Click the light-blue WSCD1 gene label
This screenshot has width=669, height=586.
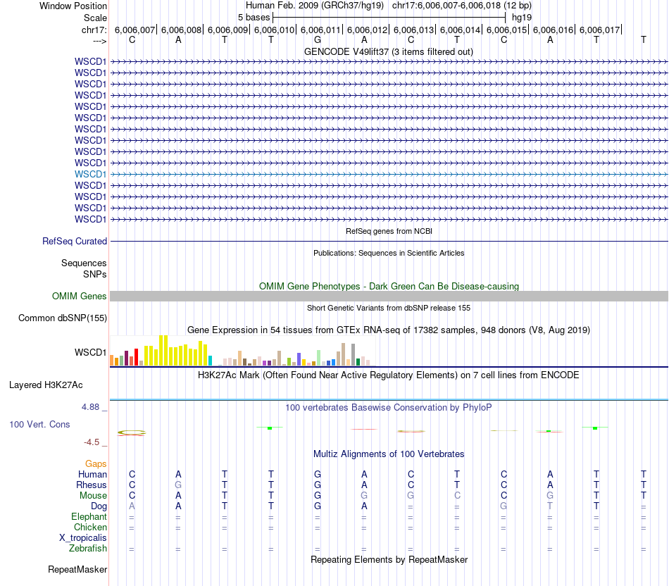click(91, 174)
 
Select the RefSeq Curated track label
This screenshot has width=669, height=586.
click(75, 241)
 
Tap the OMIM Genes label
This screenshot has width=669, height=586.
click(80, 297)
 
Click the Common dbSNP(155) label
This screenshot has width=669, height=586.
click(62, 318)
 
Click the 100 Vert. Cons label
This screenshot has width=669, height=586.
click(39, 425)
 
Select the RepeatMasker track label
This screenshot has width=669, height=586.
click(77, 569)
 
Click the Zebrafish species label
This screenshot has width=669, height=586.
click(88, 548)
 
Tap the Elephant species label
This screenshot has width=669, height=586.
click(89, 516)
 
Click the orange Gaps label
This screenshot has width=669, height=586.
click(96, 463)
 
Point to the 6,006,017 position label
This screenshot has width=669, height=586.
click(599, 30)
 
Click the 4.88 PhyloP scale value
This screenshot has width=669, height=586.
click(92, 407)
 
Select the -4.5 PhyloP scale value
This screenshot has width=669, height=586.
click(94, 442)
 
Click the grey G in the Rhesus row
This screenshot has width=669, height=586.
click(178, 485)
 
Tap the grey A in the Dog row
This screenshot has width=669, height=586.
click(132, 506)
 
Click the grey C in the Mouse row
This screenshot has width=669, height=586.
click(457, 495)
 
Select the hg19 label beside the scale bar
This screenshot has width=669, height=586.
click(522, 17)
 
